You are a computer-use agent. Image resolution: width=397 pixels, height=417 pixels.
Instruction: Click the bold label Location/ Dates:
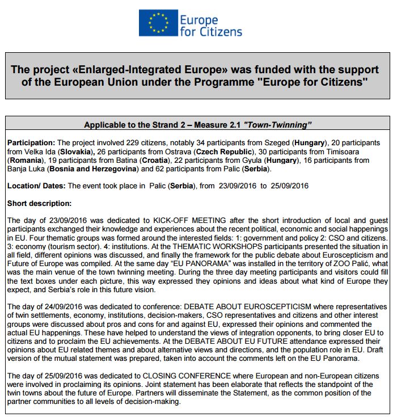pos(36,186)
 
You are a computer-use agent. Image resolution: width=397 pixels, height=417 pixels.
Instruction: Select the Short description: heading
pos(39,203)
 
